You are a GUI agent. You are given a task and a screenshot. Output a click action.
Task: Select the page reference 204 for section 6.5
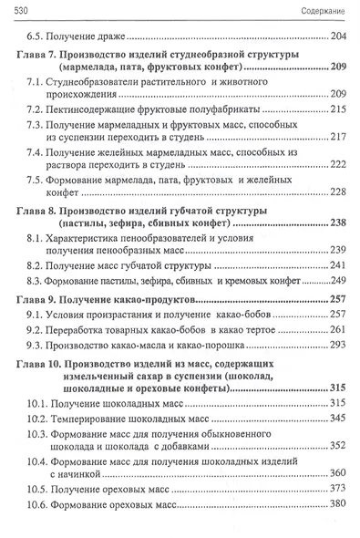(x=337, y=36)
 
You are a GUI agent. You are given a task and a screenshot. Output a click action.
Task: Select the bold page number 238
(x=336, y=223)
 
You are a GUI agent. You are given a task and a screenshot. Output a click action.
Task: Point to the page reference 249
(x=338, y=280)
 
